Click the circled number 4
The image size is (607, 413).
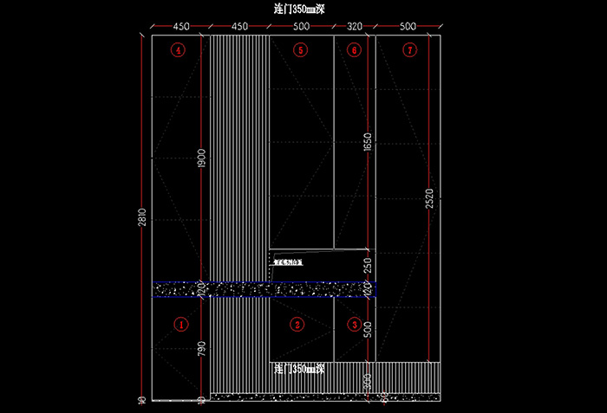pyautogui.click(x=179, y=50)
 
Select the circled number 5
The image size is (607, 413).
pyautogui.click(x=300, y=50)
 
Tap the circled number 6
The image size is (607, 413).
pyautogui.click(x=353, y=50)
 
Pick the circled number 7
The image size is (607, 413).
pyautogui.click(x=409, y=50)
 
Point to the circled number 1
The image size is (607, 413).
pyautogui.click(x=181, y=325)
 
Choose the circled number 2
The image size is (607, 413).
pyautogui.click(x=297, y=325)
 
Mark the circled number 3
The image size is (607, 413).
pyautogui.click(x=354, y=325)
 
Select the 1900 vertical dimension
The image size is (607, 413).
pyautogui.click(x=202, y=158)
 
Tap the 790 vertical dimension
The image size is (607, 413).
pyautogui.click(x=202, y=350)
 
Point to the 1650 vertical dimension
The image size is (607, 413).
pyautogui.click(x=367, y=143)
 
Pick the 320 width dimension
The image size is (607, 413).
pyautogui.click(x=354, y=27)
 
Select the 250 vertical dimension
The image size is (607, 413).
pyautogui.click(x=367, y=266)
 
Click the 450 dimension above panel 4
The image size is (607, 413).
pyautogui.click(x=181, y=27)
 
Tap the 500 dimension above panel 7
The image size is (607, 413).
pyautogui.click(x=408, y=27)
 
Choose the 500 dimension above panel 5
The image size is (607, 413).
pyautogui.click(x=301, y=27)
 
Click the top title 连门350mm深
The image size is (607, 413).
pyautogui.click(x=298, y=10)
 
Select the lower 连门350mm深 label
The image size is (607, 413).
pyautogui.click(x=298, y=370)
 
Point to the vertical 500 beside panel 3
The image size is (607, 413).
pyautogui.click(x=367, y=330)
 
